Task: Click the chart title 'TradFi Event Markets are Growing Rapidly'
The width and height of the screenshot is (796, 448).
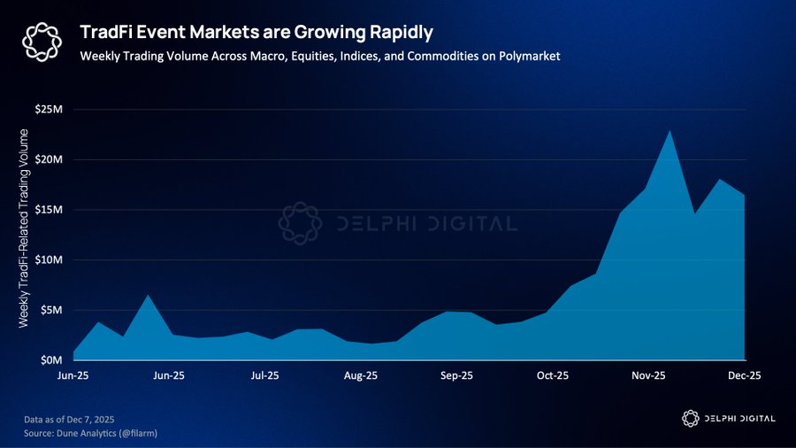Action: click(x=256, y=33)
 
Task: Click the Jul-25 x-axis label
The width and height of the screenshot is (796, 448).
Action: click(x=264, y=375)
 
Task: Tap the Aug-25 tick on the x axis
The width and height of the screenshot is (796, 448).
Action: click(x=360, y=375)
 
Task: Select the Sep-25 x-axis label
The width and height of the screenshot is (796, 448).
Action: click(x=455, y=375)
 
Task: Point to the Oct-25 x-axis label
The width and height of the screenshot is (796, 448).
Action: click(x=552, y=375)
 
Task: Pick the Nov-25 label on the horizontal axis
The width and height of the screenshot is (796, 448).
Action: click(x=647, y=375)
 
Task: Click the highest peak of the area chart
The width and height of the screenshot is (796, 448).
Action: click(x=670, y=132)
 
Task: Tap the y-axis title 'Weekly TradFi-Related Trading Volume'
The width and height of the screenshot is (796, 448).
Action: click(x=24, y=228)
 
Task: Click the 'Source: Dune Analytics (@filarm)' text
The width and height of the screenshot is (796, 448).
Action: click(x=90, y=432)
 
